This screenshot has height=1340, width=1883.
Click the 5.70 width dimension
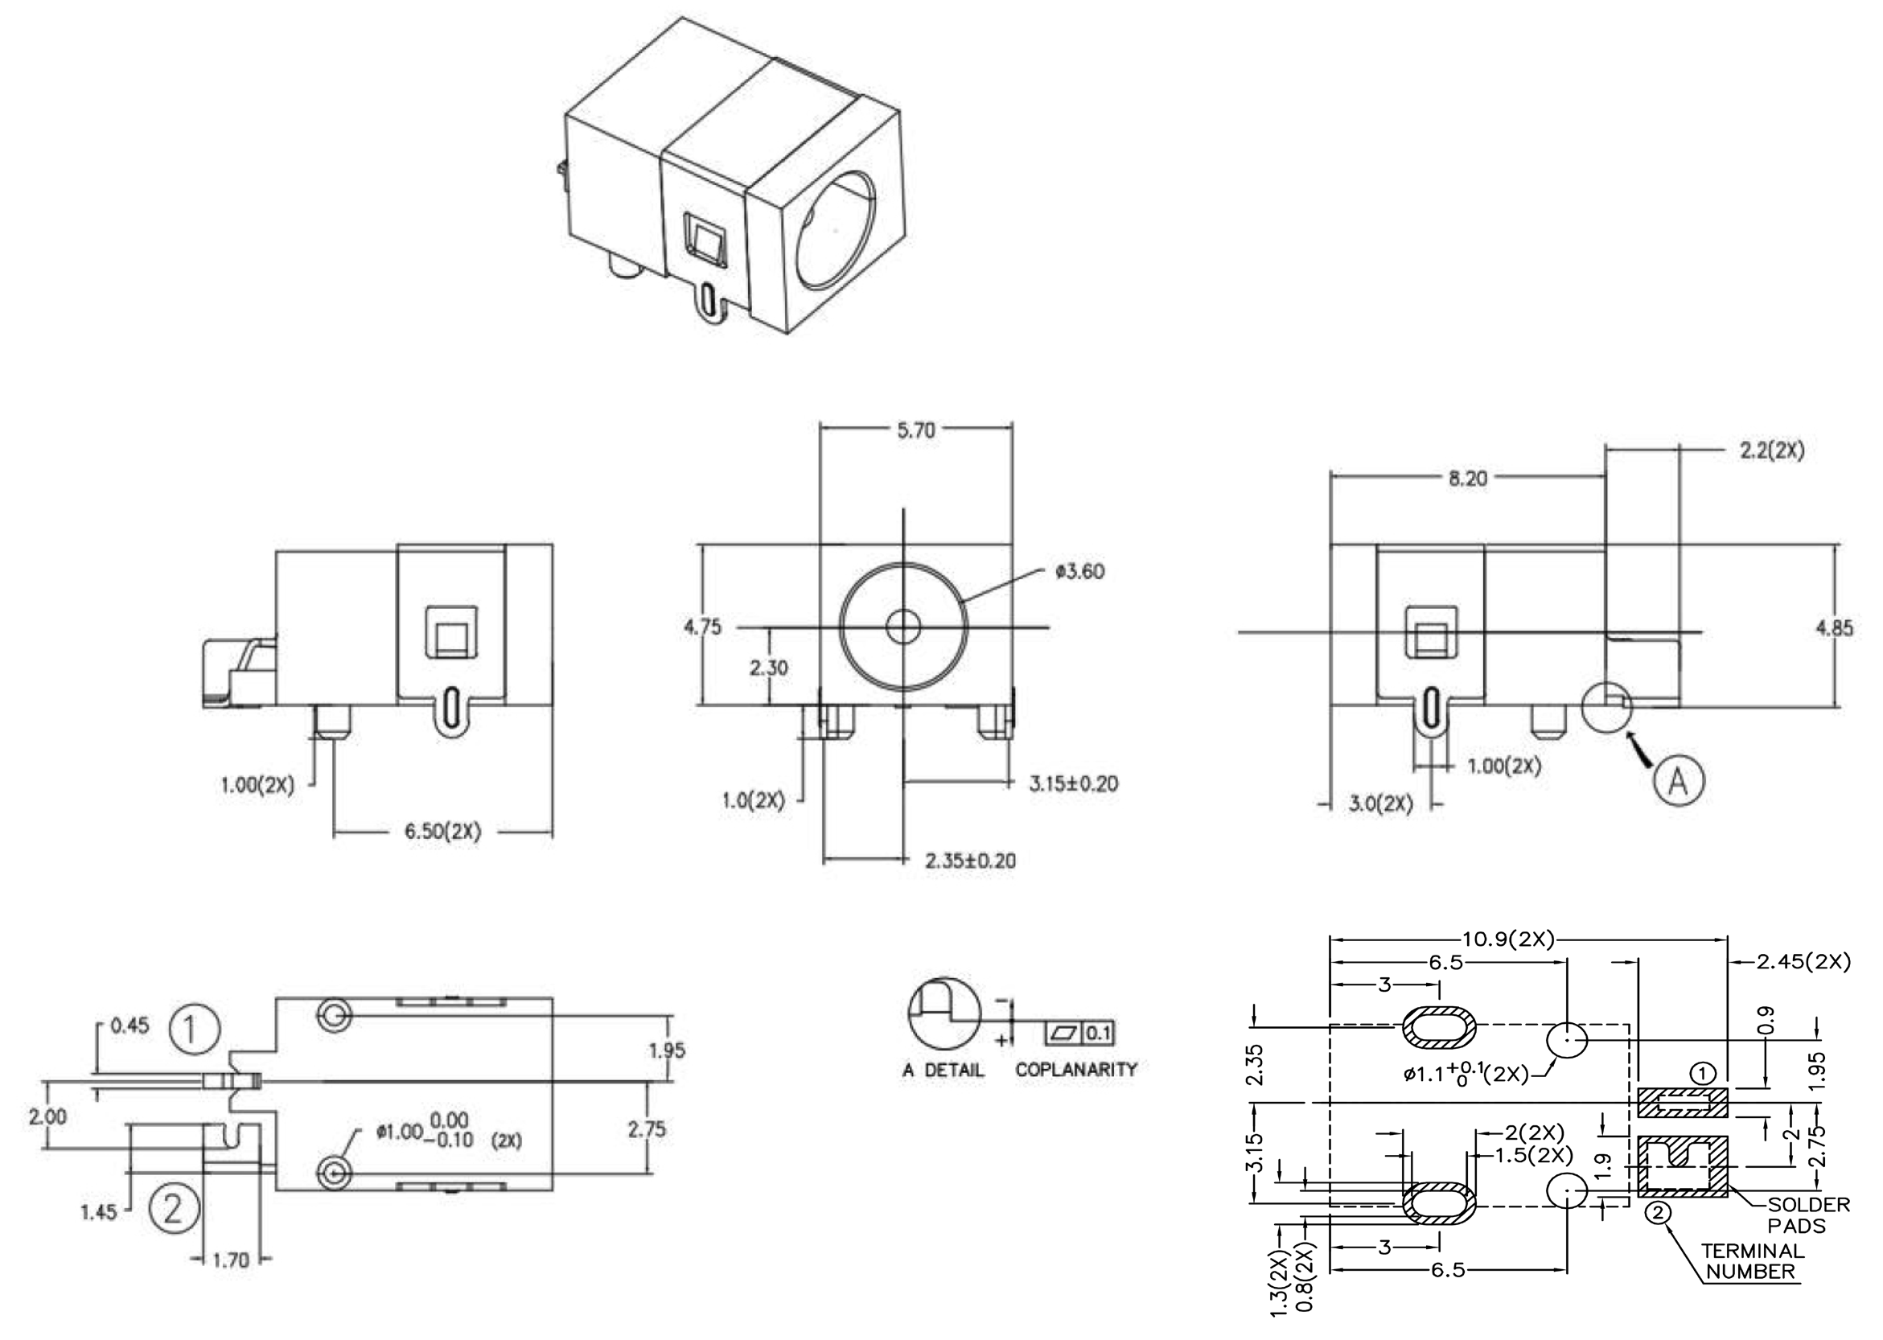[915, 431]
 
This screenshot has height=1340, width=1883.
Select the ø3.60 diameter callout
[1079, 572]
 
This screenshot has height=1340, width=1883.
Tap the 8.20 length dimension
[1467, 479]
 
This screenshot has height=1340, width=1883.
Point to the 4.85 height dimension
[1833, 628]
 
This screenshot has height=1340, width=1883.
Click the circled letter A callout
[1678, 779]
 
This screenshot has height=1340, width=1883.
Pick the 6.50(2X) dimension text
[442, 831]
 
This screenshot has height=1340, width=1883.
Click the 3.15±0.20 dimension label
[1074, 783]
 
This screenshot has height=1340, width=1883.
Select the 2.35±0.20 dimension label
[970, 861]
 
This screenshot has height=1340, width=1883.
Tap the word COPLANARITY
[1076, 1070]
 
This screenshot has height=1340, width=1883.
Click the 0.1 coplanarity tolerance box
[1098, 1033]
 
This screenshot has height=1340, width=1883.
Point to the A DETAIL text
[944, 1071]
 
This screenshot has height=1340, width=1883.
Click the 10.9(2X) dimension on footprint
[1508, 939]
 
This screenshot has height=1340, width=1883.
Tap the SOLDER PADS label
[1808, 1215]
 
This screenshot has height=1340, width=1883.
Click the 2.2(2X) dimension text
[1772, 451]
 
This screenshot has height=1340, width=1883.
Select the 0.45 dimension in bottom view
[130, 1026]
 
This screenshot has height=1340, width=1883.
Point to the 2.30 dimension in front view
[769, 668]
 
